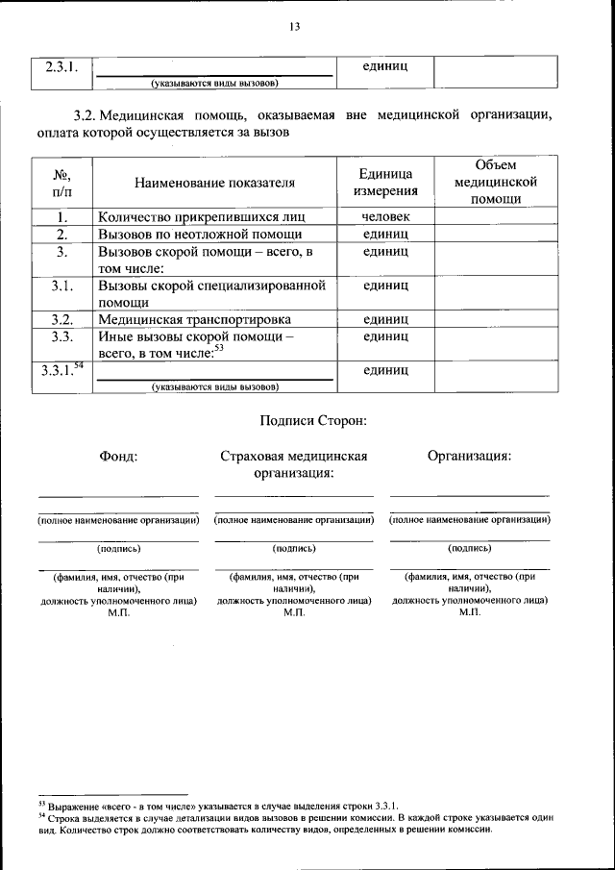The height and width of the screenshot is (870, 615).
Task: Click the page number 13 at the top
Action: click(294, 27)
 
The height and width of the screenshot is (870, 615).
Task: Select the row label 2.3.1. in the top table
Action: click(61, 67)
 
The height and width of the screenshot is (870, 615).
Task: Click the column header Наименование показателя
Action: click(214, 182)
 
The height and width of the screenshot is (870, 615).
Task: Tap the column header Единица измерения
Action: click(385, 182)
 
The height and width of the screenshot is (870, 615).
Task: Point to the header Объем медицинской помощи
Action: click(496, 182)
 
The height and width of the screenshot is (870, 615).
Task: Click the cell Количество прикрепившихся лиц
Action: click(200, 217)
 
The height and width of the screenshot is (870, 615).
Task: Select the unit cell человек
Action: click(385, 217)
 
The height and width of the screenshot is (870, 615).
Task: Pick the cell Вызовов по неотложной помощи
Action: click(200, 234)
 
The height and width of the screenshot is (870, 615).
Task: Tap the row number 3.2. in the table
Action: click(61, 319)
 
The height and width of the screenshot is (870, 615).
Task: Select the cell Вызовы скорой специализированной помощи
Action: click(211, 293)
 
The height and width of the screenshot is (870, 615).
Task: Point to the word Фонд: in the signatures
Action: click(118, 456)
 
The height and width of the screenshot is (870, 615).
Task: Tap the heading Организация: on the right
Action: click(469, 456)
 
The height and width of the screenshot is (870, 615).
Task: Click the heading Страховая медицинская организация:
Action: click(294, 464)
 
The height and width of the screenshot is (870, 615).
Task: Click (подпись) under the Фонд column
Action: click(118, 548)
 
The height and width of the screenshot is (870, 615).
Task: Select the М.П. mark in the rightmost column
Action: click(469, 612)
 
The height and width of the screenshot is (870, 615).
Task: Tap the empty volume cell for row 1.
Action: click(496, 217)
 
